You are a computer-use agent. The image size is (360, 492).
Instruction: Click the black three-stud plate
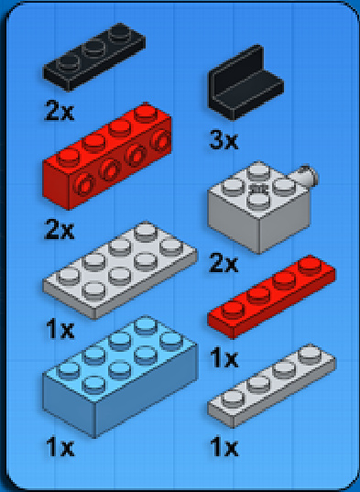pyautogui.click(x=94, y=57)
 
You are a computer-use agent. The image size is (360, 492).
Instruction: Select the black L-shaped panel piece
pyautogui.click(x=245, y=83)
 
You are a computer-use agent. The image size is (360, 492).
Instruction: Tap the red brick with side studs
pyautogui.click(x=107, y=157)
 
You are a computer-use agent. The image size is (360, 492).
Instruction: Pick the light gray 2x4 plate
pyautogui.click(x=120, y=270)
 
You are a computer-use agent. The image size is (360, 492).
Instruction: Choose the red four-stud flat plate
pyautogui.click(x=271, y=297)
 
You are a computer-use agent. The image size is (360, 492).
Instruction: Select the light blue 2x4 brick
pyautogui.click(x=120, y=377)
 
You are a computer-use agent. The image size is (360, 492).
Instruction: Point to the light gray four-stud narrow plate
pyautogui.click(x=271, y=386)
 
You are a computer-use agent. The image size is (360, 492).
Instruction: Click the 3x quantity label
pyautogui.click(x=224, y=140)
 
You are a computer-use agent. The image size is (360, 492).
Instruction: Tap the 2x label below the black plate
pyautogui.click(x=60, y=111)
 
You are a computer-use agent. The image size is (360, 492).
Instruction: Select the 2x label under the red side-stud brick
pyautogui.click(x=60, y=230)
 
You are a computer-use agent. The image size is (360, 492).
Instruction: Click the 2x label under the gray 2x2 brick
pyautogui.click(x=224, y=264)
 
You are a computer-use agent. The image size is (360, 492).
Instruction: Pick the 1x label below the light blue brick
pyautogui.click(x=60, y=447)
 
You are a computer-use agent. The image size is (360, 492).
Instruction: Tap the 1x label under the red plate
pyautogui.click(x=224, y=358)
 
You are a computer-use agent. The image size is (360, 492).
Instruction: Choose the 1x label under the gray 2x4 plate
pyautogui.click(x=60, y=330)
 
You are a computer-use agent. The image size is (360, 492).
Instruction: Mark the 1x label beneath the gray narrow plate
pyautogui.click(x=224, y=447)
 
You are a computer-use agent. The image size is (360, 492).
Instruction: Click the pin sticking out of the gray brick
pyautogui.click(x=306, y=177)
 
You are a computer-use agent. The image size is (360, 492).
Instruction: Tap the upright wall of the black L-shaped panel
pyautogui.click(x=236, y=71)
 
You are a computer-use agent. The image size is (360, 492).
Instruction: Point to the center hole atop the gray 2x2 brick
pyautogui.click(x=258, y=189)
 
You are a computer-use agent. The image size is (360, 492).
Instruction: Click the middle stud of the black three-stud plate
pyautogui.click(x=94, y=48)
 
